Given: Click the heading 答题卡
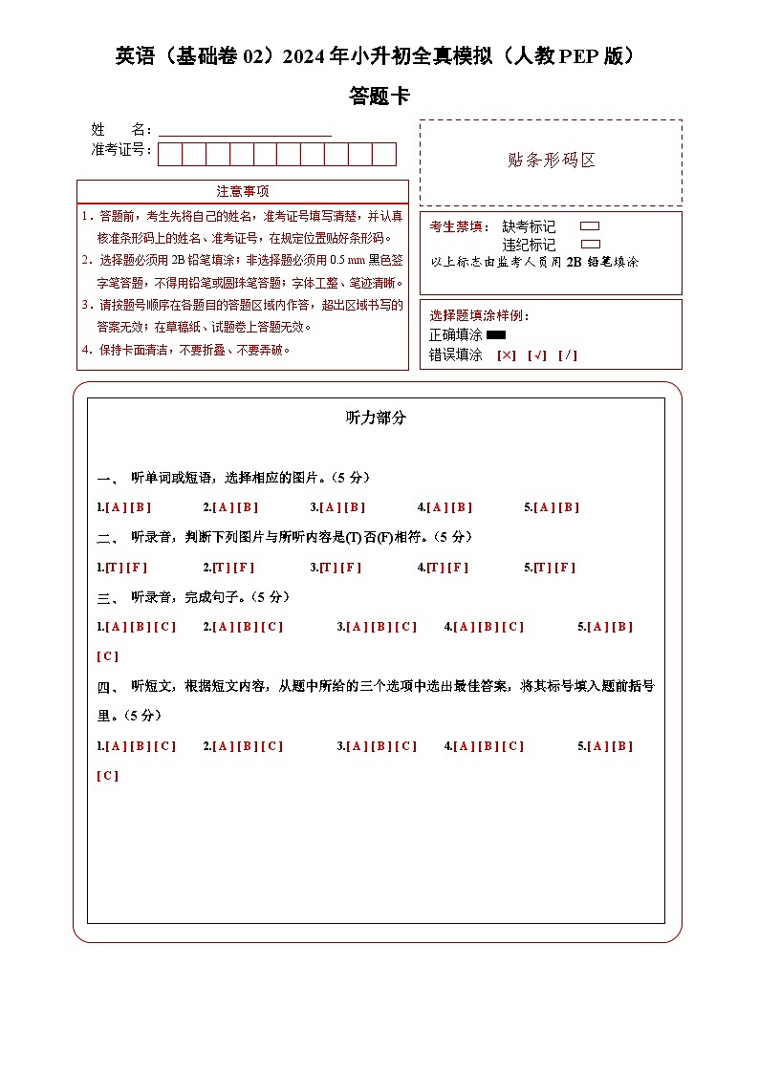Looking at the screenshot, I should pyautogui.click(x=379, y=97).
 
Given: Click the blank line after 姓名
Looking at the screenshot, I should pyautogui.click(x=245, y=130).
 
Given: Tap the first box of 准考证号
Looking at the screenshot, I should pyautogui.click(x=170, y=154).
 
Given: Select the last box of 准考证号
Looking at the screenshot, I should pyautogui.click(x=384, y=154).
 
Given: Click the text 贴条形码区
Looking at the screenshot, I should pyautogui.click(x=552, y=161).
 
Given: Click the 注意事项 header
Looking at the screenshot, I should pyautogui.click(x=243, y=191).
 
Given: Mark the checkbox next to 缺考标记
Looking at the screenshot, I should pyautogui.click(x=590, y=226).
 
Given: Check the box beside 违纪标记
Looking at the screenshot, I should pyautogui.click(x=590, y=245).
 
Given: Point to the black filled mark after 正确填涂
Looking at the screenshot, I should pyautogui.click(x=496, y=335).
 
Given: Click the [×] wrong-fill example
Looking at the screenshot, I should pyautogui.click(x=507, y=355).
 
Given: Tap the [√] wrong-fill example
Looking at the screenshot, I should pyautogui.click(x=537, y=355).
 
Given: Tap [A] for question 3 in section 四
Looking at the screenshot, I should pyautogui.click(x=357, y=746).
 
